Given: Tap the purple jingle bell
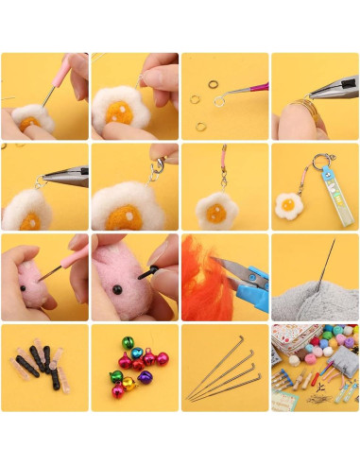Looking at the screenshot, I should pyautogui.click(x=145, y=377).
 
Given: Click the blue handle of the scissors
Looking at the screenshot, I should pyautogui.click(x=252, y=280).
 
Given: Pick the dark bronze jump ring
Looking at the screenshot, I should pyautogui.click(x=197, y=98).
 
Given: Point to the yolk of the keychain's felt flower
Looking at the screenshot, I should pyautogui.click(x=287, y=201).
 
